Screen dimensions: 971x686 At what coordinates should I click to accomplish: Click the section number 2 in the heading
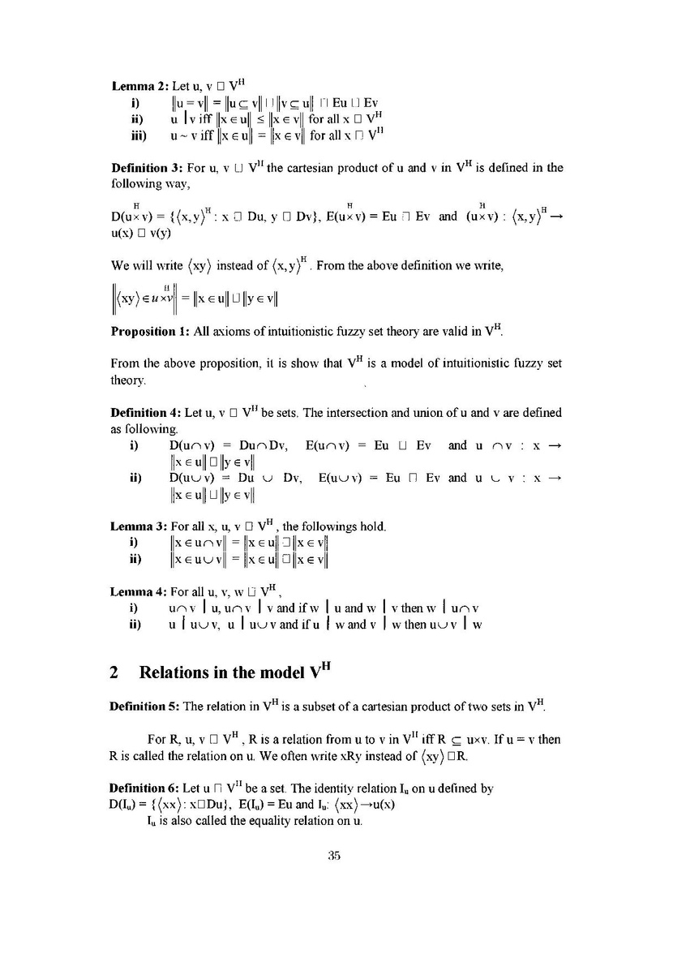point(115,672)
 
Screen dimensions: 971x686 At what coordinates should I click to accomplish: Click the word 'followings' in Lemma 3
point(343,526)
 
